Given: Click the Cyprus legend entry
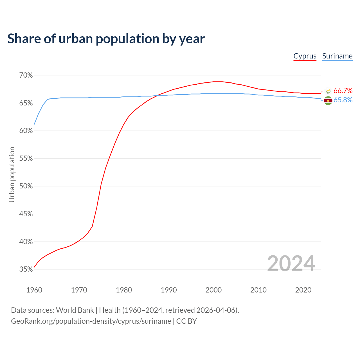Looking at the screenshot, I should coord(305,56).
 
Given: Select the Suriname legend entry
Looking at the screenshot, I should coord(337,56).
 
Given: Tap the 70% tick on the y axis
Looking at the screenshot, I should coord(26,75).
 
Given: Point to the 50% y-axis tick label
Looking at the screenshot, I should coord(26,186).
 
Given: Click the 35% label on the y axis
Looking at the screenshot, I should coord(26,269).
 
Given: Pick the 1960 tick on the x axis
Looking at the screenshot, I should coord(34,290).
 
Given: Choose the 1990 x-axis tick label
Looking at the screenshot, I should coord(169,290).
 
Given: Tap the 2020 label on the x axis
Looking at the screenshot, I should coord(303,290).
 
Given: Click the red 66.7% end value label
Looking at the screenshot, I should coord(343,91).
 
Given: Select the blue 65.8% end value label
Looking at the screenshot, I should coord(343,100).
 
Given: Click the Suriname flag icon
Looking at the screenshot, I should coord(328,101).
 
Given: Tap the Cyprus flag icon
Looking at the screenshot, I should coord(328,91).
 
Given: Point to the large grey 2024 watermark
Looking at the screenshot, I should coord(291,264).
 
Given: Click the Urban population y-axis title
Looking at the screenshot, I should coord(12,174).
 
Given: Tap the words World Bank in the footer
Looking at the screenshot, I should coord(75,310).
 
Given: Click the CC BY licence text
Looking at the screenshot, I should coord(186,321).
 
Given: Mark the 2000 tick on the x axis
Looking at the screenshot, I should coord(213,290).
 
